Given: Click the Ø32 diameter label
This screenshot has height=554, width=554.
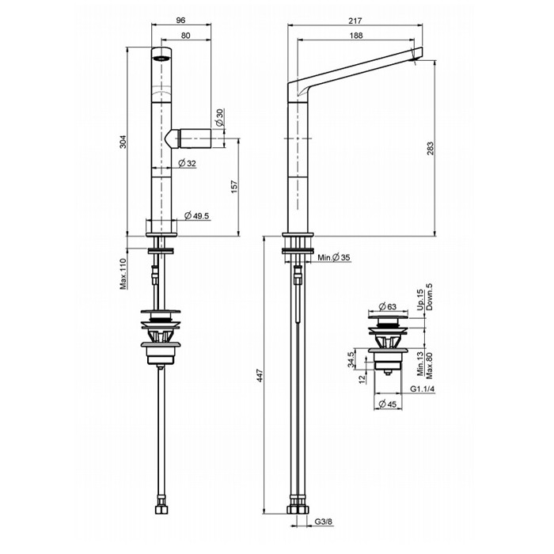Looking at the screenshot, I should click(188, 163).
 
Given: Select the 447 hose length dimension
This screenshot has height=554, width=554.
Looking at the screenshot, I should click(257, 380).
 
